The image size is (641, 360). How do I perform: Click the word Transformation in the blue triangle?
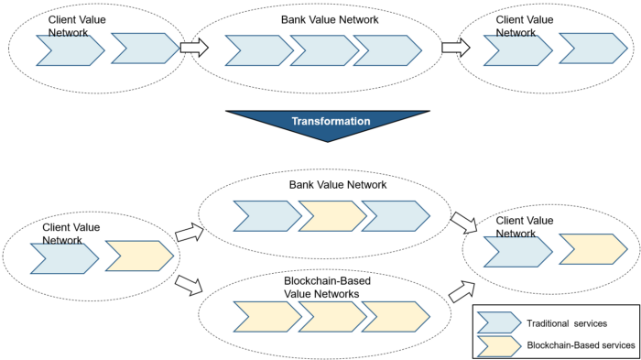(331, 121)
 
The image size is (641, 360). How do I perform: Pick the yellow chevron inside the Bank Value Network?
(331, 216)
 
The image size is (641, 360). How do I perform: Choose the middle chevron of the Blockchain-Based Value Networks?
(331, 316)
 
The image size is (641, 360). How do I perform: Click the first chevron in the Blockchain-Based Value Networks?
(267, 316)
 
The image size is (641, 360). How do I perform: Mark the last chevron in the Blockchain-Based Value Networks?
(395, 316)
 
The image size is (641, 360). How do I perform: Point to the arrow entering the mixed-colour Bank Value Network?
(189, 235)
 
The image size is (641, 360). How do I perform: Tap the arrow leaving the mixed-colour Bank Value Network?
(462, 223)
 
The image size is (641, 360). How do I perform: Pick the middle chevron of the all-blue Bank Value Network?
(322, 50)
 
